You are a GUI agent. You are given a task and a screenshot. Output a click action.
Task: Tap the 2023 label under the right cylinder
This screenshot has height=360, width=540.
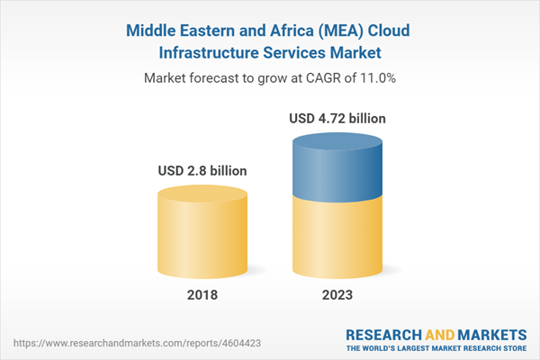coord(337,295)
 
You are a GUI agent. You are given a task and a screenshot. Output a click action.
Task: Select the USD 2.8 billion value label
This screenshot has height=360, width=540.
coord(202,170)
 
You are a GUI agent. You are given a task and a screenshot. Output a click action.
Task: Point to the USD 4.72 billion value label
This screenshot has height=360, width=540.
coord(338,118)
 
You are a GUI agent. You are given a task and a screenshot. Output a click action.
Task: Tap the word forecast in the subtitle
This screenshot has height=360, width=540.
coord(216,79)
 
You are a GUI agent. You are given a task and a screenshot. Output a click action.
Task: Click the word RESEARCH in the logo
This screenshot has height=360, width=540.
coord(385,332)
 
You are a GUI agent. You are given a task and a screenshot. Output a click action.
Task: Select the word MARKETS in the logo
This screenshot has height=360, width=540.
coord(490,332)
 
